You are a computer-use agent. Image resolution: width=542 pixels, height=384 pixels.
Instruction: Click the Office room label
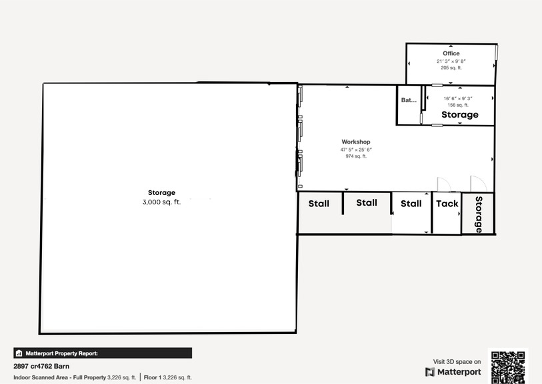click(451, 53)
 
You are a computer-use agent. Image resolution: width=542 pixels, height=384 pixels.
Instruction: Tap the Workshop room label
click(356, 142)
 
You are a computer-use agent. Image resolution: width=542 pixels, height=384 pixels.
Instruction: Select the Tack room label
click(447, 204)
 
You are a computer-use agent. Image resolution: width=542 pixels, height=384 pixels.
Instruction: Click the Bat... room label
click(409, 100)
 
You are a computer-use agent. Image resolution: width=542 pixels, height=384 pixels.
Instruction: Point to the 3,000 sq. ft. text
click(161, 202)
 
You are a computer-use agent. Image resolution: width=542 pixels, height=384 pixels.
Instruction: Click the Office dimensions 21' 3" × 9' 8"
click(451, 61)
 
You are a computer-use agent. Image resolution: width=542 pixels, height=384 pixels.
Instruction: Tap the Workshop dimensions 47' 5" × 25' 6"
click(356, 150)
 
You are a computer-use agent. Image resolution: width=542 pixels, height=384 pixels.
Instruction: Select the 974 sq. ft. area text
click(356, 156)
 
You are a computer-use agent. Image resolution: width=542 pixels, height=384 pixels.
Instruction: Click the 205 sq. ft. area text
click(451, 67)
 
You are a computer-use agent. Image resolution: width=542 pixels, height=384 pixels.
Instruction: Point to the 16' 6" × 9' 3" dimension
click(458, 98)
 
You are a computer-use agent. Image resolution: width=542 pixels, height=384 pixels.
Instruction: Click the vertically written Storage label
click(479, 214)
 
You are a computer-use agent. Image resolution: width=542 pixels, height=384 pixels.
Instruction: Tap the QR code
click(508, 367)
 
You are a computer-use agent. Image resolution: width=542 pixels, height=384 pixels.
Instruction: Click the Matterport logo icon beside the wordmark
click(429, 372)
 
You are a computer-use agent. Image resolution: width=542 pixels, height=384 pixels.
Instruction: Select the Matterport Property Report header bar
click(103, 353)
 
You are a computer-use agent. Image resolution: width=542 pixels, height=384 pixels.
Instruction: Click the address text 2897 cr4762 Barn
click(41, 366)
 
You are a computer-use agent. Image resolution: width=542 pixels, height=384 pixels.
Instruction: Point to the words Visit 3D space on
click(457, 361)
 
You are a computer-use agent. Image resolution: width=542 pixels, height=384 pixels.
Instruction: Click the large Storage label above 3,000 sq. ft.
click(161, 192)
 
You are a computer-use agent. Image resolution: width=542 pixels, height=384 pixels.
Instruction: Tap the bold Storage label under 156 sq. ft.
click(460, 115)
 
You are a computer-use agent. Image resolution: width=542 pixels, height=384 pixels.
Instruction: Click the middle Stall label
click(367, 202)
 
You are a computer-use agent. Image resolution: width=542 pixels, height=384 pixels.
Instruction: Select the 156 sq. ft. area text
click(458, 105)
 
